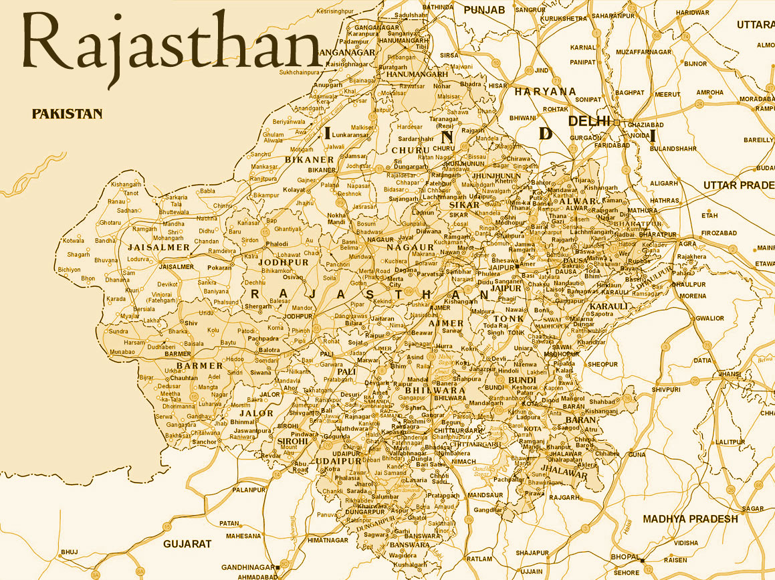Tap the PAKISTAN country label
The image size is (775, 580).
coord(67,114)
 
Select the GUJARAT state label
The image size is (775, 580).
coord(187,544)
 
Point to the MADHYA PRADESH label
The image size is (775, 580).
coord(690,518)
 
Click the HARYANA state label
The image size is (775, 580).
coord(545,91)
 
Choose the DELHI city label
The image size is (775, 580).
coord(589,120)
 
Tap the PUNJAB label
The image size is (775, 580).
coord(484,9)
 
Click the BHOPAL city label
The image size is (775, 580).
coord(625,557)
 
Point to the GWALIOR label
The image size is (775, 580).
coord(709,318)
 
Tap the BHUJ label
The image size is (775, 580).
coord(69,551)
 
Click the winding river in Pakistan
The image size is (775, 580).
coord(30,175)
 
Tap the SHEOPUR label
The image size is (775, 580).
coord(603,364)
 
